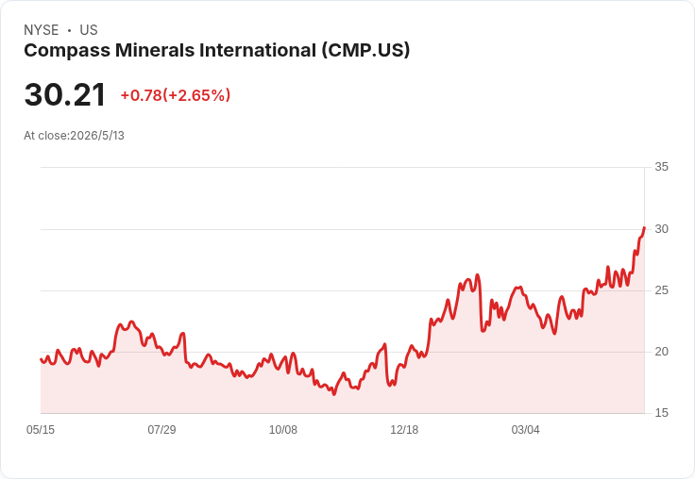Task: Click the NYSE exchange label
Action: [42, 30]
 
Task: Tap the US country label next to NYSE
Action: [89, 30]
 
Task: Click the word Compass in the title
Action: [67, 51]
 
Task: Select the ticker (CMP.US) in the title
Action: [365, 50]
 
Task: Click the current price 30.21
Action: [65, 94]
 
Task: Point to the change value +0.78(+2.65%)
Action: [176, 95]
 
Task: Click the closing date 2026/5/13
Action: [97, 136]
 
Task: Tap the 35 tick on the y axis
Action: [661, 167]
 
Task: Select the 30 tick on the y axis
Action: [661, 229]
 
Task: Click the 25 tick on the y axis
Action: [661, 290]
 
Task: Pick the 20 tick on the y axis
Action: [661, 352]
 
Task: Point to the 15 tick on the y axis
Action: [661, 413]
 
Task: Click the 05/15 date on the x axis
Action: [41, 430]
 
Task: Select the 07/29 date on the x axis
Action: [161, 430]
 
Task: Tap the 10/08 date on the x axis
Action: [283, 430]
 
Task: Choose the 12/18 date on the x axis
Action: [404, 430]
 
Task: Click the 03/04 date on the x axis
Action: [526, 430]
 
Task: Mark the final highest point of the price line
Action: [644, 227]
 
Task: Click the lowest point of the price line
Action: [333, 394]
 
